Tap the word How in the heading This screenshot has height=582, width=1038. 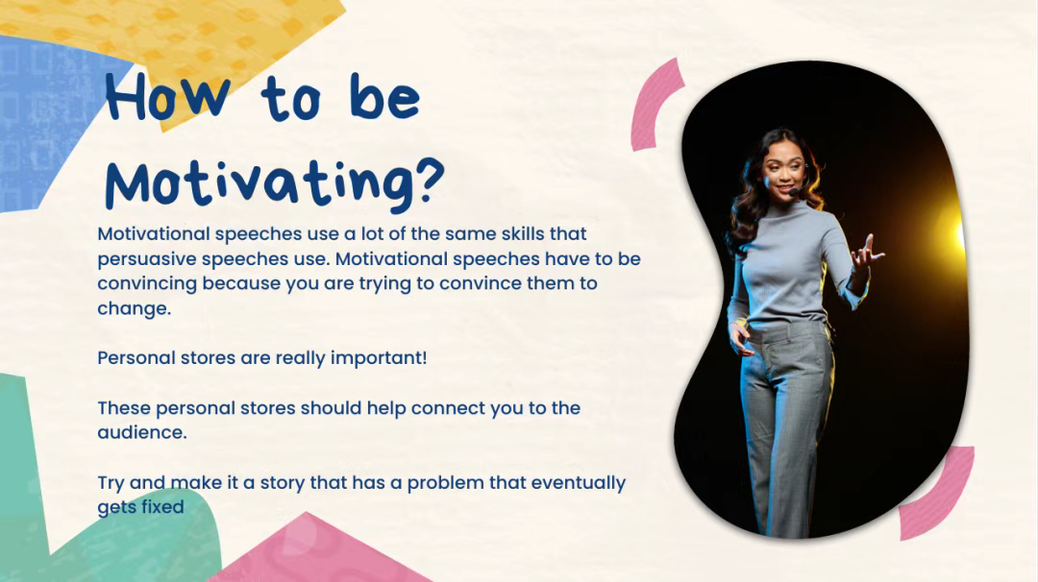[x=168, y=98]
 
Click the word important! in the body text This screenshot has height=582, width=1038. [x=379, y=358]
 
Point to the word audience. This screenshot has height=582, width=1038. [x=142, y=432]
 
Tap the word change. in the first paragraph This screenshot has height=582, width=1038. [x=135, y=309]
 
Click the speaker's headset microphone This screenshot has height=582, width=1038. [x=793, y=192]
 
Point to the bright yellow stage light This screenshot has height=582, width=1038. [x=953, y=230]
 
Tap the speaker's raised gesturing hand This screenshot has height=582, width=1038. [x=866, y=254]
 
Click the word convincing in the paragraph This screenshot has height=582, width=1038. [x=147, y=283]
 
